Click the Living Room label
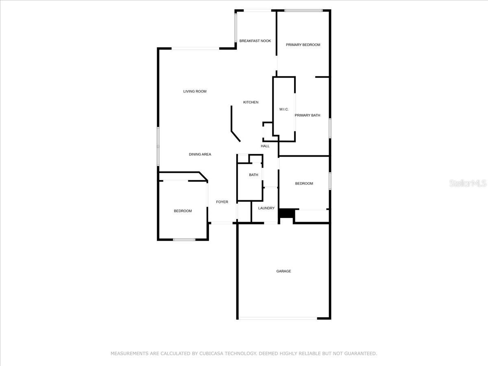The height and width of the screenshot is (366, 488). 195,91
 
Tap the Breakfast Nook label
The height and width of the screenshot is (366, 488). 255,41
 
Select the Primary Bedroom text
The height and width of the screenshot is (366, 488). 303,45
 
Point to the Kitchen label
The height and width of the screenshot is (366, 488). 251,102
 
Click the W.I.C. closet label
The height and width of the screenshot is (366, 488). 284,109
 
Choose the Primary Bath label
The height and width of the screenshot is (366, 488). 307,115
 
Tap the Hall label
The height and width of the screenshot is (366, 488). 265,146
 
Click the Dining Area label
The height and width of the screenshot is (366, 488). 200,154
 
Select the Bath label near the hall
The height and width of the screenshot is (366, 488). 253,175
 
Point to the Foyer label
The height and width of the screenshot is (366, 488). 222,202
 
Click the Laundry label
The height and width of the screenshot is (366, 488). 266,208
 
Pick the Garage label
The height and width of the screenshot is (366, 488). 283,271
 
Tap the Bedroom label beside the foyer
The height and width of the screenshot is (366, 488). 183,211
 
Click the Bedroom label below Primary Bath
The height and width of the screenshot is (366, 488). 304,183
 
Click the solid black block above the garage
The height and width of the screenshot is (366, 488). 287,213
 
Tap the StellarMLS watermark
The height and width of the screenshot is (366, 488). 468,183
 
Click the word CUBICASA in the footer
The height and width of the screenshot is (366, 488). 214,353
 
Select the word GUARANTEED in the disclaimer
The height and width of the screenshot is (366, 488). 360,353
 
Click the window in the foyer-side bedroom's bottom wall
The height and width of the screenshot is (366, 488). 184,240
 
